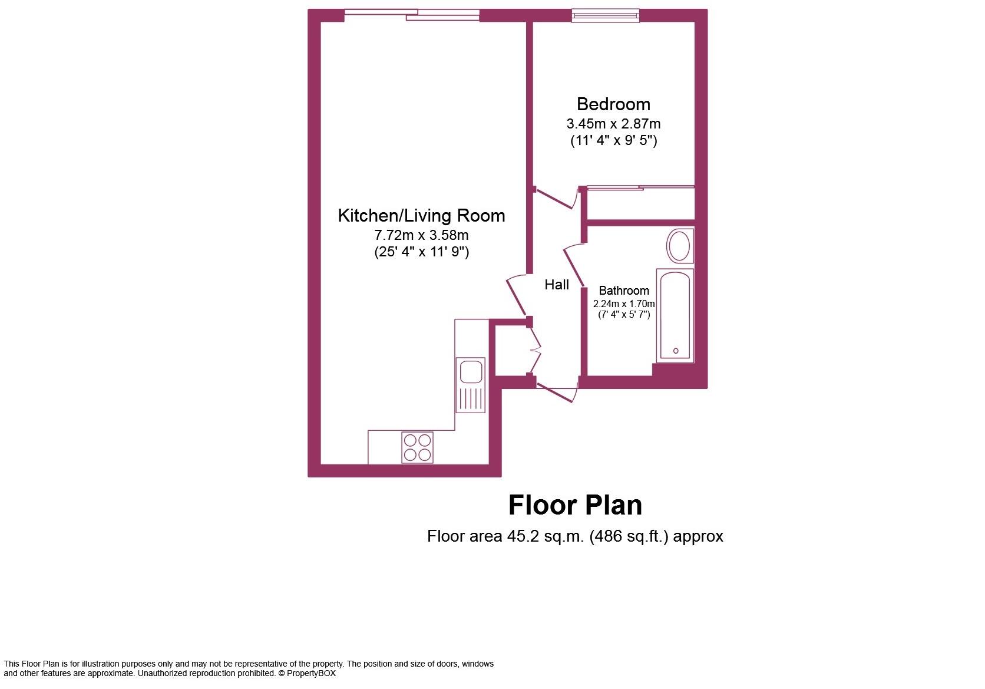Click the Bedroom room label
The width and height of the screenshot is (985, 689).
pos(613,104)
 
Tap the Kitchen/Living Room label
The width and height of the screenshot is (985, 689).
pos(421,216)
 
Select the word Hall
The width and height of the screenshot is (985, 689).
pos(556,285)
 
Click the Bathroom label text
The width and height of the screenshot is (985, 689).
pos(624,291)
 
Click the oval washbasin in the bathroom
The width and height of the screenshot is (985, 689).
pos(680,246)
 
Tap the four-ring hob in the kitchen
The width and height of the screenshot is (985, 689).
pos(417,447)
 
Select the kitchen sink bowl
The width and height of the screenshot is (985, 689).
pos(471,372)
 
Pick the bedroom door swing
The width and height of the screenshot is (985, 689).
pos(557,199)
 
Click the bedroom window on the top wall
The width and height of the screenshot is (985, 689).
pos(605,16)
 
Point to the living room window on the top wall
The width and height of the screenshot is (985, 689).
pos(412,15)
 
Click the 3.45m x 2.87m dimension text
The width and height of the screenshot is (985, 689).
pos(613,124)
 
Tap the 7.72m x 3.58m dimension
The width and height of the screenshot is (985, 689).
pos(421,235)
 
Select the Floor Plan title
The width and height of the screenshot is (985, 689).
pos(575,506)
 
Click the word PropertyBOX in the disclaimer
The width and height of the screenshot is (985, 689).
pos(312,673)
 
